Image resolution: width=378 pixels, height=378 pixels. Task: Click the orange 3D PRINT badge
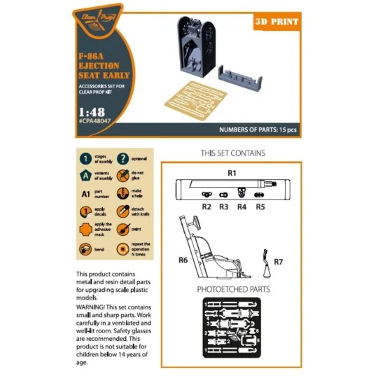pyautogui.click(x=276, y=22)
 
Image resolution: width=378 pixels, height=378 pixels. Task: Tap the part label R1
pyautogui.click(x=232, y=171)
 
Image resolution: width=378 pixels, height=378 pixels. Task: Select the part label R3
pyautogui.click(x=224, y=207)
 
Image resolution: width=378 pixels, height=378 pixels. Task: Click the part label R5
pyautogui.click(x=260, y=207)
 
